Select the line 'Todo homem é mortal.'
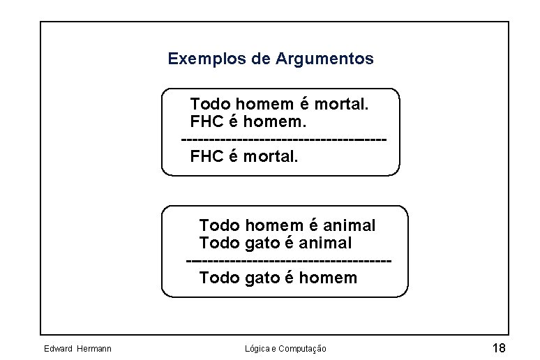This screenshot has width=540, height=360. pos(279,105)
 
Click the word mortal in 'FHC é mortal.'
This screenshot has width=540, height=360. pos(271,156)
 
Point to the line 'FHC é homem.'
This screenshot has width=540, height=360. pos(248,122)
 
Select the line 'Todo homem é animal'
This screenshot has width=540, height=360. pos(287,225)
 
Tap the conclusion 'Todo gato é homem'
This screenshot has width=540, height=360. pos(278,278)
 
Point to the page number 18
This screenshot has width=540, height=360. pos(498,348)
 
